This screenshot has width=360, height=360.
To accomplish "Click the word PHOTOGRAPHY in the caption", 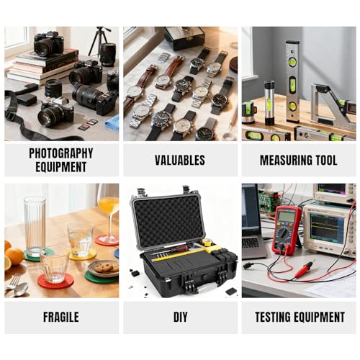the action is [61, 153].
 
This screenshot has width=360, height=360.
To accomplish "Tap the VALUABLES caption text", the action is [180, 160].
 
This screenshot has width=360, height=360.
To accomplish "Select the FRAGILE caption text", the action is [61, 317].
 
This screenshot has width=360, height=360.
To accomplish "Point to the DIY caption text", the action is [180, 317].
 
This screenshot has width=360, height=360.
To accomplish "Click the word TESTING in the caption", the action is [273, 317].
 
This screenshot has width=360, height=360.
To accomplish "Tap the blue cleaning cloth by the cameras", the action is [112, 123].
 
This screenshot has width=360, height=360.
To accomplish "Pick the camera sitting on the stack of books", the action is [49, 43].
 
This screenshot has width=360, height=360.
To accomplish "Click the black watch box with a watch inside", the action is [184, 37].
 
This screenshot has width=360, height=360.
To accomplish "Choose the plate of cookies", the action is [103, 269].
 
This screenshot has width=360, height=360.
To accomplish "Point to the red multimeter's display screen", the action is [286, 215].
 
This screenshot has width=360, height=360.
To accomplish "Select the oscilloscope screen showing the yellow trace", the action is [327, 228].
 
